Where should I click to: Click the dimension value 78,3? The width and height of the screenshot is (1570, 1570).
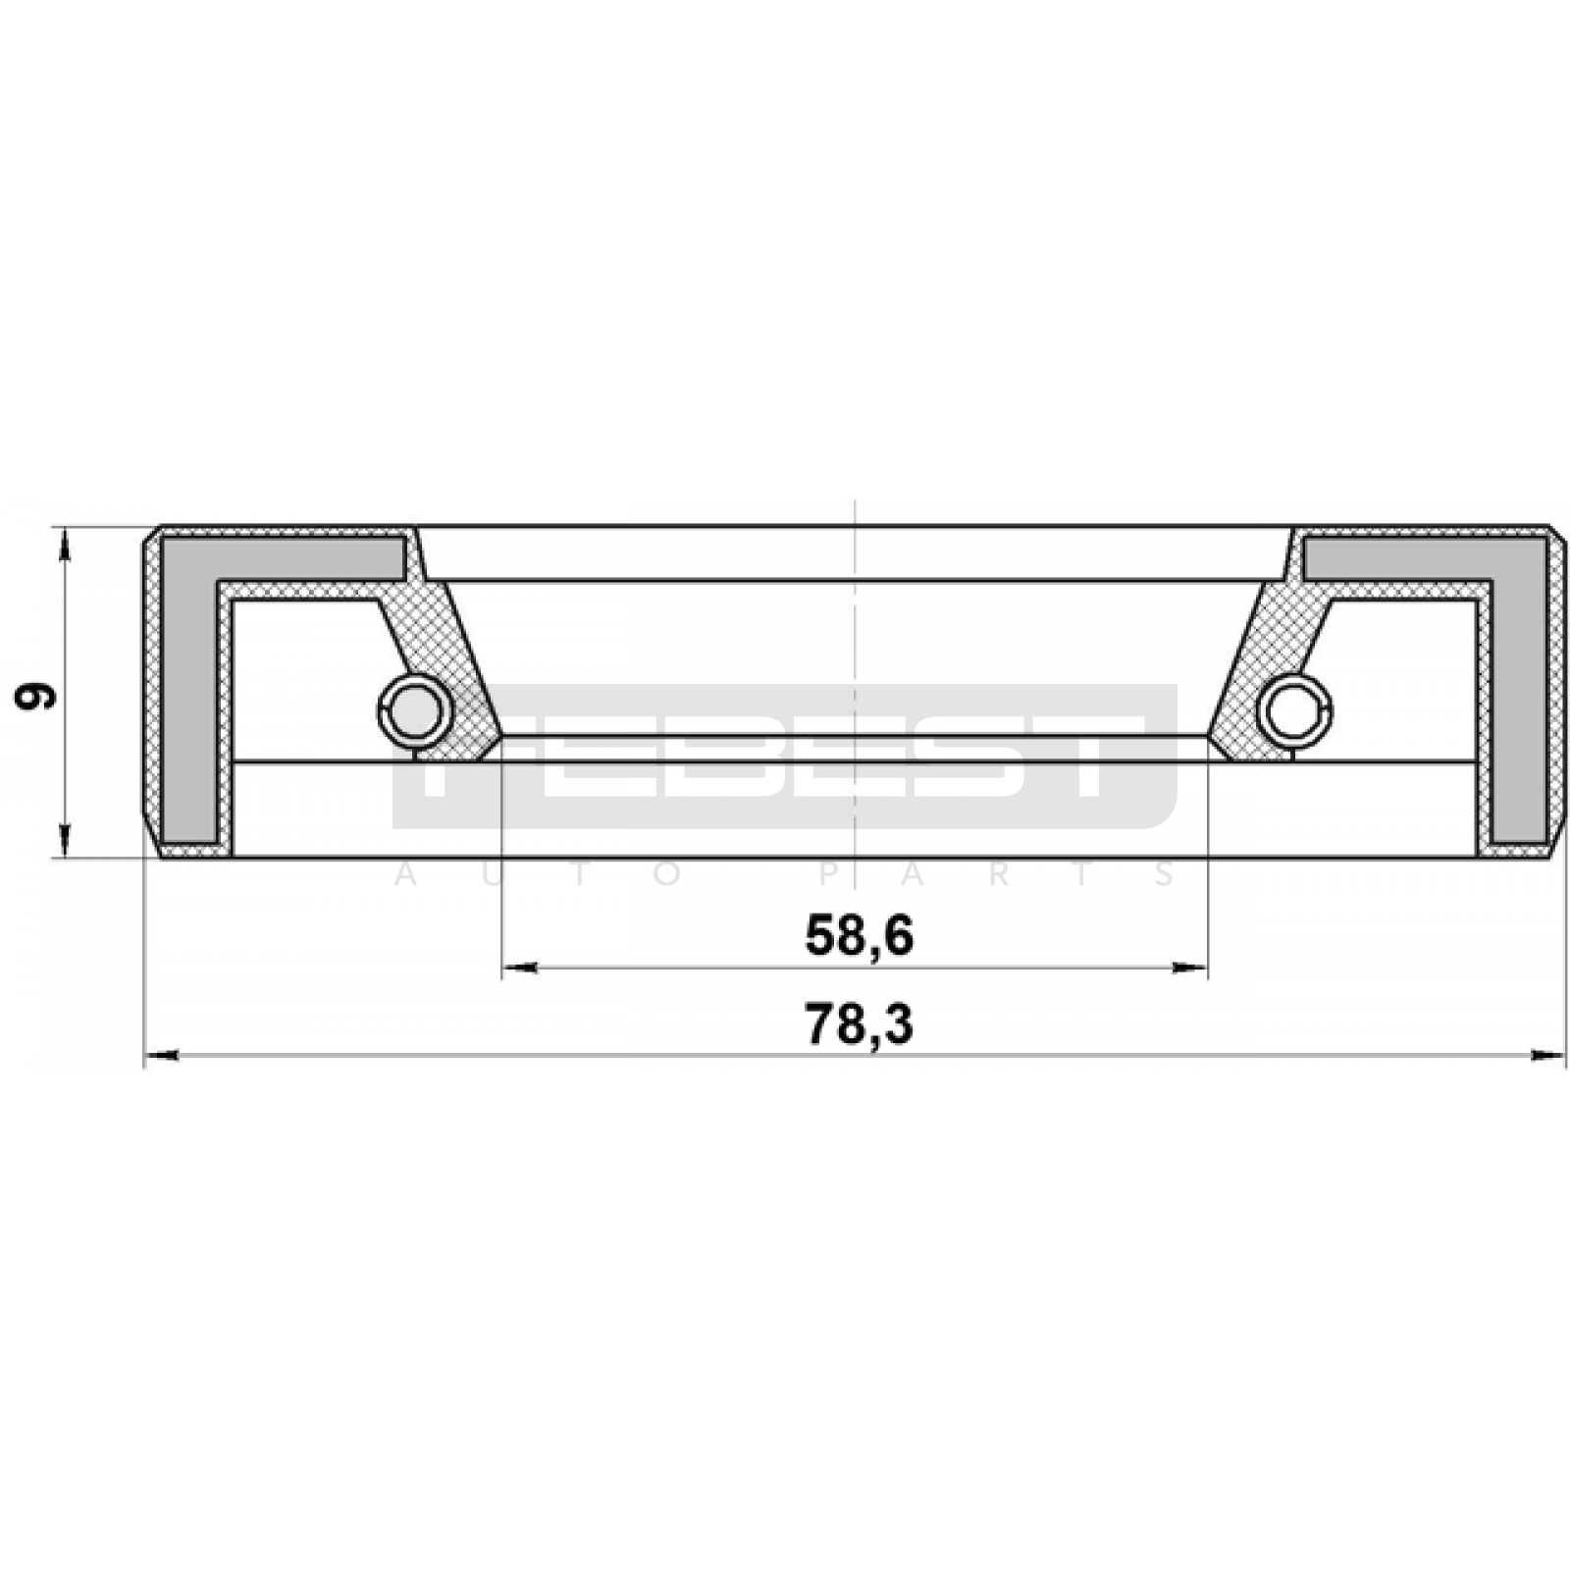coord(859,1023)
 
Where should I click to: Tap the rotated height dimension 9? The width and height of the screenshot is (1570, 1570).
coord(35,697)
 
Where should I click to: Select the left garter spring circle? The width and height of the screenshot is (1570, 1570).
coord(415,710)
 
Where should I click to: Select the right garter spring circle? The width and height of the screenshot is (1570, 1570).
coord(1294,710)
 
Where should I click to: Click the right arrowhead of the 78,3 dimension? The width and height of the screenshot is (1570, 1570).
coord(1547,1056)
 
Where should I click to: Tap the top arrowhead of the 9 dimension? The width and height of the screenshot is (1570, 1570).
coord(66,545)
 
